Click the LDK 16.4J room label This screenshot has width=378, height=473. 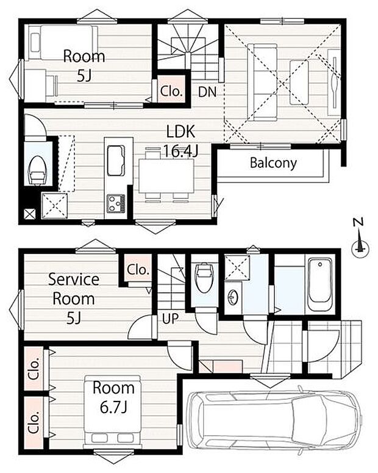(180, 140)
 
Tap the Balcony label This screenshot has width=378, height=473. (273, 163)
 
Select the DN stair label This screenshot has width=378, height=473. (207, 92)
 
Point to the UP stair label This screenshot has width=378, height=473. (171, 318)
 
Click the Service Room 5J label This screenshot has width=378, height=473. (74, 298)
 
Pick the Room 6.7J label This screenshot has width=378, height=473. (113, 397)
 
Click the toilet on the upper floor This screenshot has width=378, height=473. (37, 170)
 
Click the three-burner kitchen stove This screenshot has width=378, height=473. (116, 203)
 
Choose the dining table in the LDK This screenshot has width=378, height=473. (166, 176)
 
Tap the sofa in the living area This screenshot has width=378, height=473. (262, 82)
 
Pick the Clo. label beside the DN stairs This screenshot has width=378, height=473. (171, 91)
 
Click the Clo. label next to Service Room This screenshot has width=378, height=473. (138, 269)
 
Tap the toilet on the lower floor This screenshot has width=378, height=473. (204, 278)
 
